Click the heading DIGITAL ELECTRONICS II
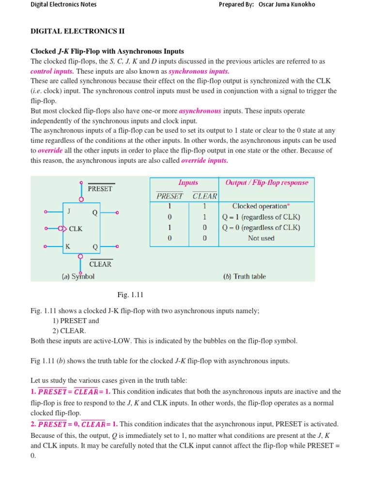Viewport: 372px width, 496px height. pyautogui.click(x=77, y=31)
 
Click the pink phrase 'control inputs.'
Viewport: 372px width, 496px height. pyautogui.click(x=51, y=71)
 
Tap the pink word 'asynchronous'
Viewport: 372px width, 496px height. pyautogui.click(x=200, y=111)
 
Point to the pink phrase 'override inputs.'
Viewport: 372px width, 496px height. pyautogui.click(x=204, y=160)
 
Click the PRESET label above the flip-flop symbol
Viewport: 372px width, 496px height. pyautogui.click(x=100, y=189)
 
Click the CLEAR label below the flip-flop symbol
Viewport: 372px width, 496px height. pyautogui.click(x=100, y=264)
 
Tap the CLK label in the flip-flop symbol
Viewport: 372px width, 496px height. pyautogui.click(x=76, y=229)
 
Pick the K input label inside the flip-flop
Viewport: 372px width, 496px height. pyautogui.click(x=68, y=246)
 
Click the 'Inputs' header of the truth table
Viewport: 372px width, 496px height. pyautogui.click(x=188, y=183)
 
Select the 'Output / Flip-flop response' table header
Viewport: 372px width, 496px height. pyautogui.click(x=266, y=183)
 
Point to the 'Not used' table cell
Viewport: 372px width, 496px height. pyautogui.click(x=261, y=238)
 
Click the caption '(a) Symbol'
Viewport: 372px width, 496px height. pyautogui.click(x=77, y=277)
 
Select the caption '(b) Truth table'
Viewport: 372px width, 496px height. pyautogui.click(x=244, y=277)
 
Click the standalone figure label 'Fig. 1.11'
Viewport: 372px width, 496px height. pyautogui.click(x=130, y=295)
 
